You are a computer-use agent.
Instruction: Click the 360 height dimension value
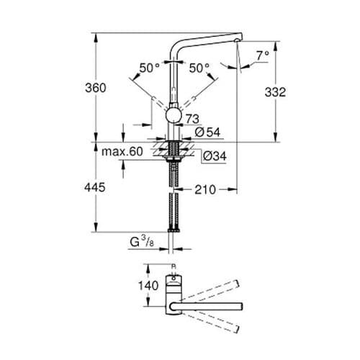coord(95,88)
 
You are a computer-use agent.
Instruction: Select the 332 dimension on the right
coord(276,92)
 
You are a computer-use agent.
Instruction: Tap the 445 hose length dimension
coord(95,187)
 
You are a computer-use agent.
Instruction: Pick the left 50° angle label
coord(149,68)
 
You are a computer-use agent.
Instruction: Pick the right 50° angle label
coord(199,68)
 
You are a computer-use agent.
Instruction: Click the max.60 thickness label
coord(122,152)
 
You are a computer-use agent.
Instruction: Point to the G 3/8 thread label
coord(140,243)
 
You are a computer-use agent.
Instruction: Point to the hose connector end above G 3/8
coord(173,229)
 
